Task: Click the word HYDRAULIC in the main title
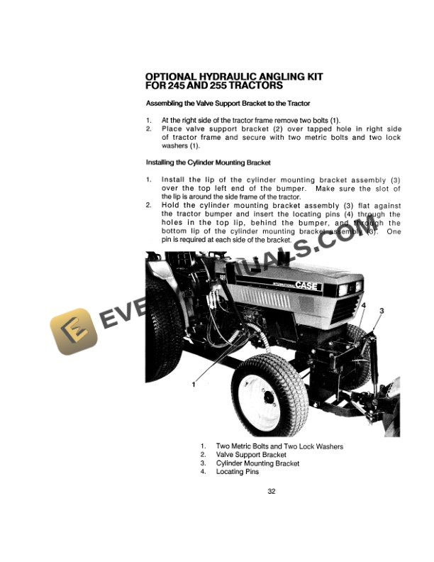tap(228, 77)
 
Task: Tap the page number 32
tap(272, 491)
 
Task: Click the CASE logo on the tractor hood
tap(306, 285)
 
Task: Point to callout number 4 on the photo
tap(364, 305)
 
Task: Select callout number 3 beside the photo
tap(382, 311)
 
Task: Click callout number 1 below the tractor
tap(194, 385)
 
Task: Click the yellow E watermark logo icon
tap(74, 331)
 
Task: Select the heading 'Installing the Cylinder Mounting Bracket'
tap(208, 162)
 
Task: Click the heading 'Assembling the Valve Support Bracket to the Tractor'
tap(228, 103)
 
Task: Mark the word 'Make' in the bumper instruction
tap(325, 189)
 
